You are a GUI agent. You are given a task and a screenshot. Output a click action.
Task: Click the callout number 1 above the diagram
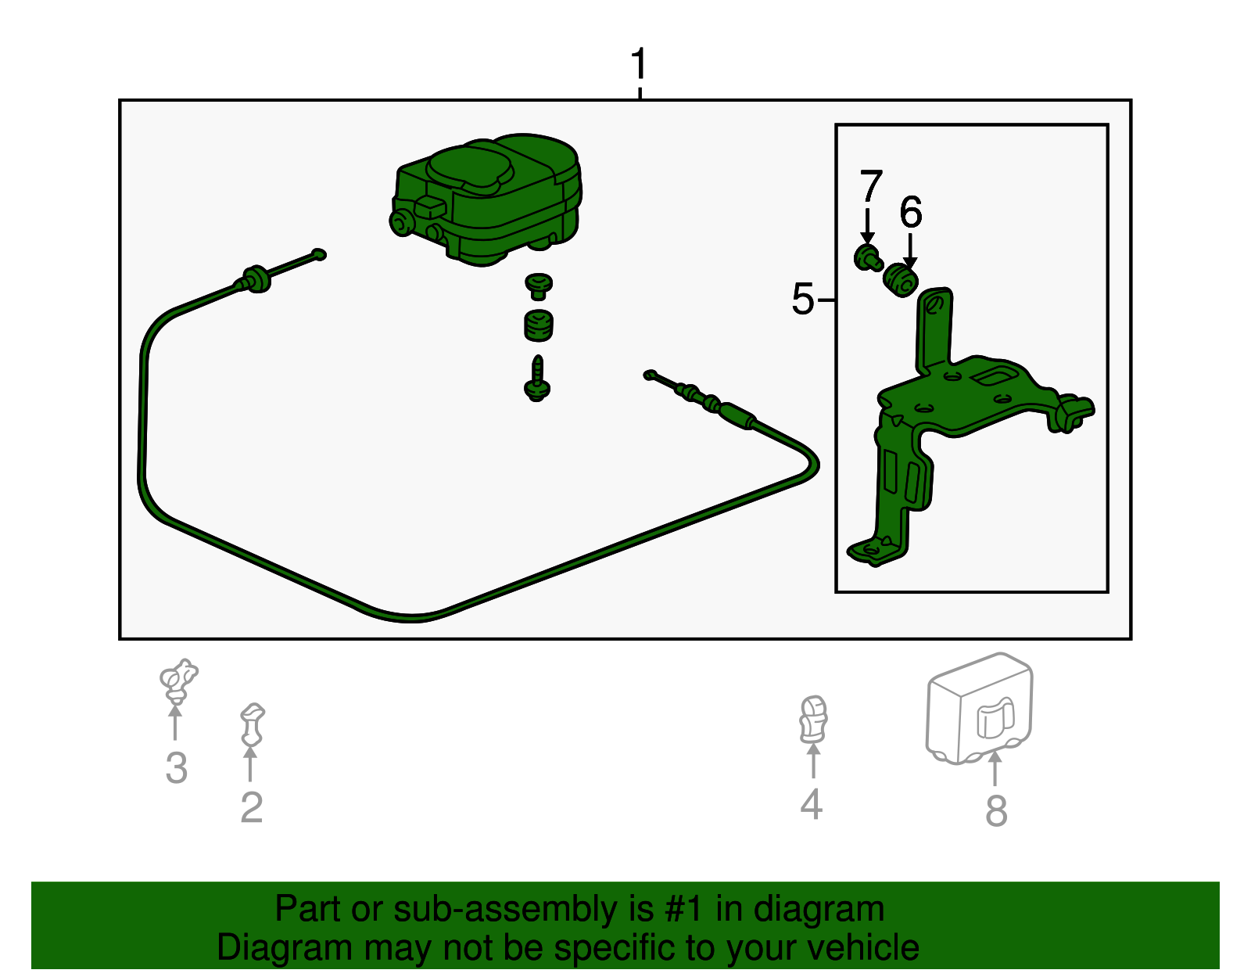[639, 63]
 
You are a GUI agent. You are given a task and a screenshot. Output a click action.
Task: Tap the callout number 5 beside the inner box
[803, 299]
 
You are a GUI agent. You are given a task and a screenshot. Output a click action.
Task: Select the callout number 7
[871, 185]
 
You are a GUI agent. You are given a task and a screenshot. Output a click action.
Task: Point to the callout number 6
[911, 211]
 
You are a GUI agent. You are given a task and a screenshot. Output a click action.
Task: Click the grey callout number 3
[177, 767]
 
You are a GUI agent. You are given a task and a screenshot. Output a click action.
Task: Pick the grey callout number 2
[252, 807]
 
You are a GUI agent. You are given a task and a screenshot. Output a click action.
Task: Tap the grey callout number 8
[997, 810]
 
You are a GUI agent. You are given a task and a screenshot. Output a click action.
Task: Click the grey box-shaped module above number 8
[979, 709]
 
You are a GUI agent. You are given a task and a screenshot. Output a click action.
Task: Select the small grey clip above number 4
[813, 719]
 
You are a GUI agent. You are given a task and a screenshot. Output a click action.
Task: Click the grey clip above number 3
[178, 681]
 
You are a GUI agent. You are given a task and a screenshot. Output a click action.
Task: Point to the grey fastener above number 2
[253, 724]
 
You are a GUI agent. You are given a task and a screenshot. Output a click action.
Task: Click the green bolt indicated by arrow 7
[868, 258]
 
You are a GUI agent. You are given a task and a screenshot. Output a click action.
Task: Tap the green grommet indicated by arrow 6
[900, 280]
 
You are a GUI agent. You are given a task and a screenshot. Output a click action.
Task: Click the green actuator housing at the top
[486, 199]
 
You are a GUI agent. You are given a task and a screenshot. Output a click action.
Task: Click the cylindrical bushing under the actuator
[539, 325]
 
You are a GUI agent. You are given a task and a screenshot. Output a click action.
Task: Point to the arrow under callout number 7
[868, 227]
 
